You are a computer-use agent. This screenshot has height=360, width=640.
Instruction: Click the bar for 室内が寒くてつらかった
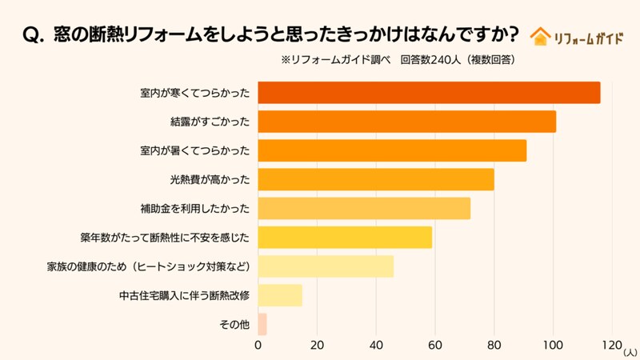pos(429,93)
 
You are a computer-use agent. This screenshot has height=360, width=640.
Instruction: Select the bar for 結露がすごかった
pos(406,122)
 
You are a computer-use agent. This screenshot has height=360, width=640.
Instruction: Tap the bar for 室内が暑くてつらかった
pos(392,150)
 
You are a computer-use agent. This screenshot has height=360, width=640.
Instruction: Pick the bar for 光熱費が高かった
pos(376,179)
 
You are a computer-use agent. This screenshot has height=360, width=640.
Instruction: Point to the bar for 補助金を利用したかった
pos(364,208)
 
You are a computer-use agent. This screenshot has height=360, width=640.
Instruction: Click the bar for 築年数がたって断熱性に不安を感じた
pos(345,238)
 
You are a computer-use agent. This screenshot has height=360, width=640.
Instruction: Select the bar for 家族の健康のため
pos(326,266)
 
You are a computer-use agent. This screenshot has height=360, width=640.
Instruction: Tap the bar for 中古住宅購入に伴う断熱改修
pos(280,295)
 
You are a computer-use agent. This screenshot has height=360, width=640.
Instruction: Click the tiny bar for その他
pos(262,324)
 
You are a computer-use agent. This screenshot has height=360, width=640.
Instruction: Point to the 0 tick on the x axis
pos(258,346)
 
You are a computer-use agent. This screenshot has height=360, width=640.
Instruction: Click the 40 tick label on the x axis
pos(376,346)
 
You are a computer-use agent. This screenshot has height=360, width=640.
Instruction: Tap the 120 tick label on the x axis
pos(610,346)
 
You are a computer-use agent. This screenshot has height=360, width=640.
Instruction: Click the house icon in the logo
pos(542,36)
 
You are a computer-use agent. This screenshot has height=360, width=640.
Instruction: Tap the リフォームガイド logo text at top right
pos(588,37)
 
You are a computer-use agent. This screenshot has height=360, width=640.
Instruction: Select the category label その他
pos(234,325)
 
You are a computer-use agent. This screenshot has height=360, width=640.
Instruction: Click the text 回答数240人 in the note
pos(430,59)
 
